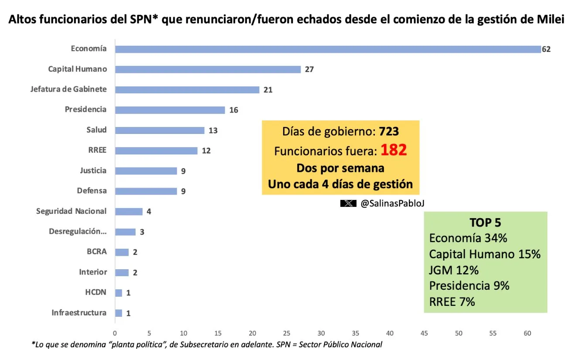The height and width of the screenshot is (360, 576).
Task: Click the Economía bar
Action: pos(328,49)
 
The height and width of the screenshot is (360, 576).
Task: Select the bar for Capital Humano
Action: pos(208,69)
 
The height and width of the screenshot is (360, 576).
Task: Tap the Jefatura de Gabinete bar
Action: pos(187,90)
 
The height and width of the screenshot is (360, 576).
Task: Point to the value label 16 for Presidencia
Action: pos(234,110)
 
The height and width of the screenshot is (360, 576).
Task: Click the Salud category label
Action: pos(96,130)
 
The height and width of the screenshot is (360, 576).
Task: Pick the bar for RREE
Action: pos(156,151)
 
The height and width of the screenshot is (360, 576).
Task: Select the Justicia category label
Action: pos(93,170)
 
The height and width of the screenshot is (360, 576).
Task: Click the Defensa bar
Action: pos(146,191)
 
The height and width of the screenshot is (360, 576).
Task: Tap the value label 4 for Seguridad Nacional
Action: pos(149,212)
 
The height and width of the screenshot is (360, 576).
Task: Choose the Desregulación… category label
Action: pos(78,231)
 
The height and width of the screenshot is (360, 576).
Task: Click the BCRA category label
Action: pos(96,251)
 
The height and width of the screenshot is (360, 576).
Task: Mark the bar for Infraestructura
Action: pos(119,313)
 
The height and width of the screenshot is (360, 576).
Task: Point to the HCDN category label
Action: pos(96,292)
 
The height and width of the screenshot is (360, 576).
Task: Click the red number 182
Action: pos(394,150)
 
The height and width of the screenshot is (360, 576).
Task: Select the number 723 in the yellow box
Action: pos(389,131)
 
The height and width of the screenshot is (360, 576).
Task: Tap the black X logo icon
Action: pos(348,203)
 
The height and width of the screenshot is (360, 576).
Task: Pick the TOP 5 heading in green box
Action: pos(485,223)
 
